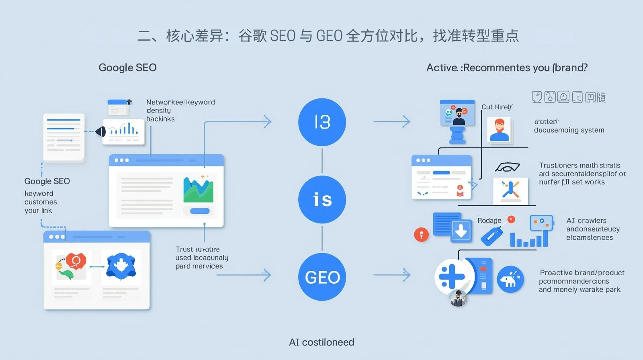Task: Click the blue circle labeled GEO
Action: (x=322, y=277)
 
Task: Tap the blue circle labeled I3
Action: (x=322, y=122)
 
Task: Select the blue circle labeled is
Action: (x=322, y=199)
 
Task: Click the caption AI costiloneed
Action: (x=321, y=342)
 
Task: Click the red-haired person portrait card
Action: (x=499, y=129)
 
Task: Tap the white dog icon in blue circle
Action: (x=510, y=279)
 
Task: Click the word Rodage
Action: (x=489, y=221)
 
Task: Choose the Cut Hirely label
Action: (x=497, y=107)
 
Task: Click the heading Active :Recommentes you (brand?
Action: (x=507, y=67)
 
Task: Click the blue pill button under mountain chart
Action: (x=200, y=211)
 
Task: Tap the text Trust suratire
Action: (x=197, y=249)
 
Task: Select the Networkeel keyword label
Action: (x=180, y=102)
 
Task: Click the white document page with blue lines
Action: (x=64, y=137)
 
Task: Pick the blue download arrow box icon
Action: (x=461, y=230)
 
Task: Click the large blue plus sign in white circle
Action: (x=451, y=277)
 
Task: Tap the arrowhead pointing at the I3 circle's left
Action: (x=268, y=121)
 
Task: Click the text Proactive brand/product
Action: (x=582, y=273)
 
